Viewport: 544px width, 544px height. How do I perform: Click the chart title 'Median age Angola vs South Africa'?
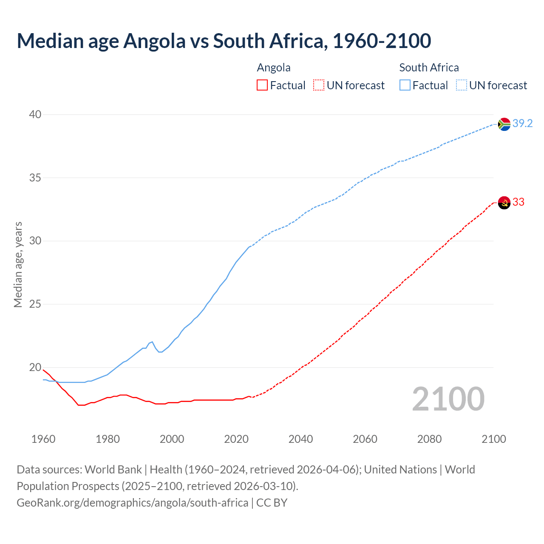(x=224, y=41)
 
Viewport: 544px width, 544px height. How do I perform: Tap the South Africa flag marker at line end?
(x=504, y=124)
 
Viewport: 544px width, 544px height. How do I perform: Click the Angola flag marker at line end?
(x=504, y=203)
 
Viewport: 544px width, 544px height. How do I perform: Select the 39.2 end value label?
(x=522, y=124)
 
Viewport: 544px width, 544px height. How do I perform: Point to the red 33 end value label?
(x=518, y=202)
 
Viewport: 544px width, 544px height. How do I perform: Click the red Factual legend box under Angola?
(x=262, y=85)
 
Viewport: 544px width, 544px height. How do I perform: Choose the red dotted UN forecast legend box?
(x=319, y=85)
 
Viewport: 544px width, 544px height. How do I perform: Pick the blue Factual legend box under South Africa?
(x=405, y=85)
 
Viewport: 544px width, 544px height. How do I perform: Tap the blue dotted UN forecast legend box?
(x=461, y=85)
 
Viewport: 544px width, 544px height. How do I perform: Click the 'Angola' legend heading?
(x=274, y=68)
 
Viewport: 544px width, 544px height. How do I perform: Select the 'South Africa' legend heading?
(x=429, y=68)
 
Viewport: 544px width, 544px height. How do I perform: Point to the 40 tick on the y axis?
(x=35, y=115)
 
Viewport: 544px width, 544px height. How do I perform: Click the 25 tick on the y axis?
(x=35, y=304)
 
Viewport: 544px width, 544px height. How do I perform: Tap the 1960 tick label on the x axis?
(x=43, y=439)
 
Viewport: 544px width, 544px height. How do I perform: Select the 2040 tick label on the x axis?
(x=300, y=439)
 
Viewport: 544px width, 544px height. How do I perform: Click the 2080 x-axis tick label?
(x=429, y=439)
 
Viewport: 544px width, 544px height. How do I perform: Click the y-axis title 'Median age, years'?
(x=18, y=264)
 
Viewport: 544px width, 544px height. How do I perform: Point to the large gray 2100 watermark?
(x=448, y=399)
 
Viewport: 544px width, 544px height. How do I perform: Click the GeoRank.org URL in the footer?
(x=132, y=503)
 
